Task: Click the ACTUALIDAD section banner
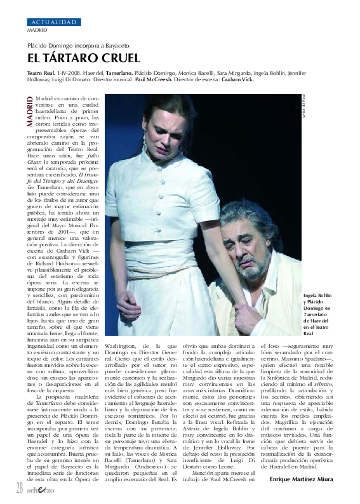point(54,22)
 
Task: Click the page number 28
point(19,487)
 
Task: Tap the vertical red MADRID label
point(30,112)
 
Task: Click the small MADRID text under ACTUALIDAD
point(36,29)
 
